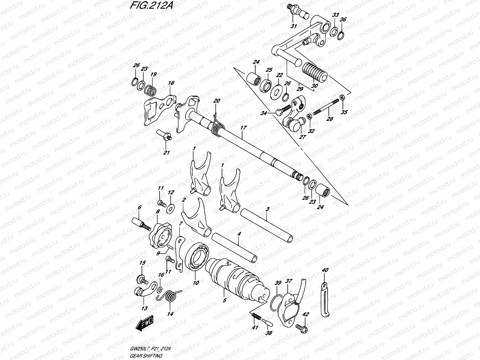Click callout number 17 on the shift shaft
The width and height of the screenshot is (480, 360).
point(243,128)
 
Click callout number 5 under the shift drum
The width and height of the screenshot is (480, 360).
point(224,299)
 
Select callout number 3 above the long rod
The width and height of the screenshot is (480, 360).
point(267,209)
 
